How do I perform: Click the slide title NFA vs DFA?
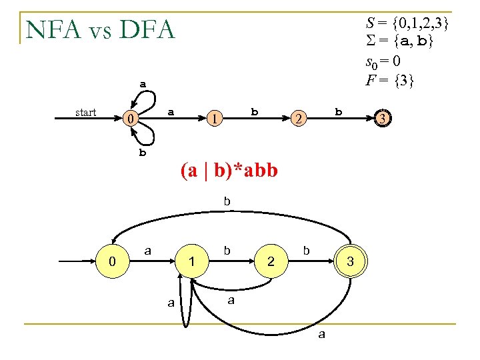tap(100, 29)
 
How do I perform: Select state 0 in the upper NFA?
tap(133, 119)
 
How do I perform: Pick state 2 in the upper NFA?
tap(299, 119)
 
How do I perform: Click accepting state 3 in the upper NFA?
tap(382, 119)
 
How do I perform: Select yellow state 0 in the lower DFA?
tap(113, 261)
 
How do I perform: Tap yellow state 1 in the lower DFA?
tap(191, 262)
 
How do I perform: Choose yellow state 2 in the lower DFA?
tap(271, 262)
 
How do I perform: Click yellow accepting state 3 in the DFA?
tap(350, 262)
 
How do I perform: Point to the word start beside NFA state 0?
tap(86, 112)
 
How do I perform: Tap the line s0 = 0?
tap(383, 62)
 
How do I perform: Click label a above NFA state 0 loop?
tap(143, 84)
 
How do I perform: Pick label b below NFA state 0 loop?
tap(142, 152)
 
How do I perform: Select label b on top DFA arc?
tap(227, 200)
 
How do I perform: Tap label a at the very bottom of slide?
tap(322, 335)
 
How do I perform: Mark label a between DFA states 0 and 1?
tap(148, 250)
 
